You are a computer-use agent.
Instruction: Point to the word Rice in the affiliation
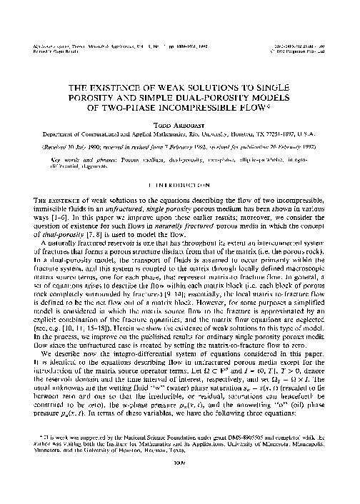pos(214,132)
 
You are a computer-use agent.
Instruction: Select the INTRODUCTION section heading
pos(181,173)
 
